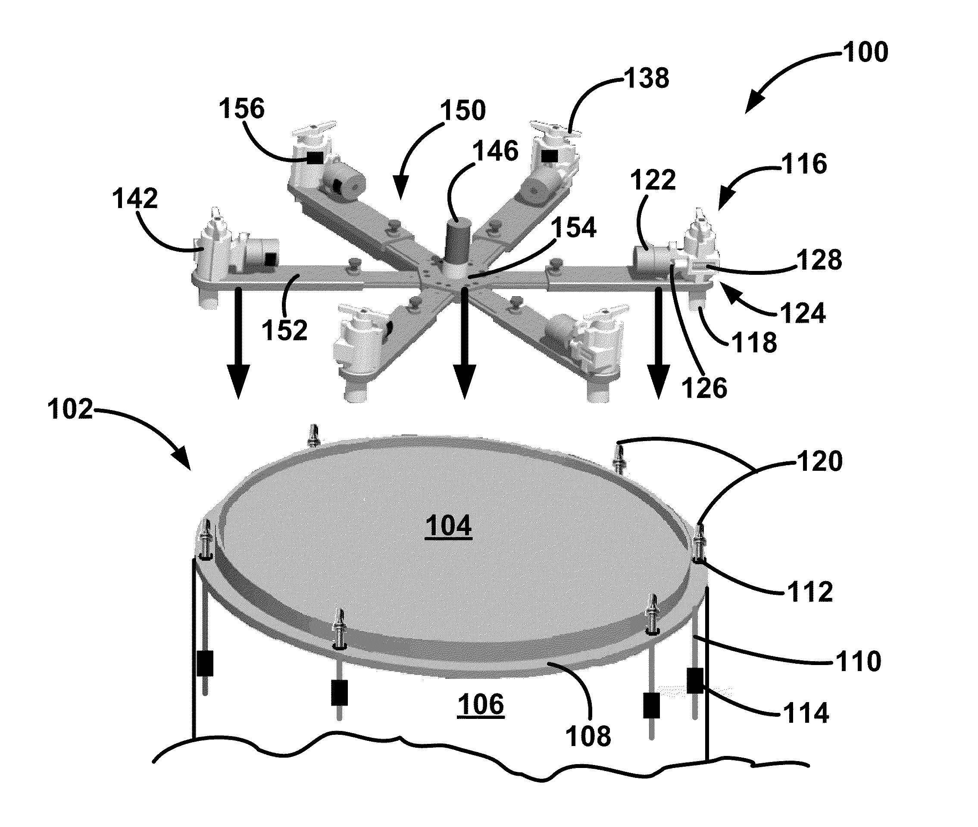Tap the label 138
pyautogui.click(x=647, y=78)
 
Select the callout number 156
pyautogui.click(x=241, y=108)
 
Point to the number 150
pyautogui.click(x=462, y=111)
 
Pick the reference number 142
pyautogui.click(x=134, y=198)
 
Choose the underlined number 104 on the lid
pyautogui.click(x=448, y=525)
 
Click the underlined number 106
pyautogui.click(x=481, y=704)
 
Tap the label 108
pyautogui.click(x=588, y=736)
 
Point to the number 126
pyautogui.click(x=704, y=388)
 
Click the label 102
pyautogui.click(x=70, y=409)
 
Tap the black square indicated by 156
pyautogui.click(x=315, y=158)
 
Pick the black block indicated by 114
pyautogui.click(x=695, y=681)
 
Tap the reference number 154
pyautogui.click(x=573, y=228)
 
